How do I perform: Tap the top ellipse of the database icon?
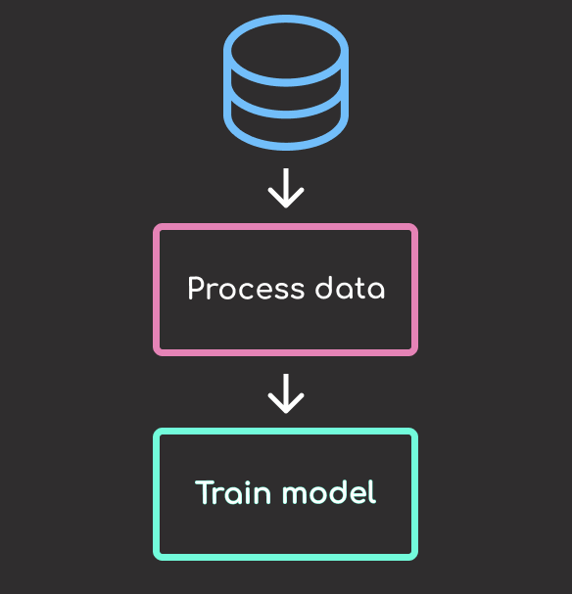(x=286, y=19)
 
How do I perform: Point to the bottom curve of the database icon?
(x=286, y=147)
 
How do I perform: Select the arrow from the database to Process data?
(x=286, y=188)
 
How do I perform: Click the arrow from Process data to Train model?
(x=286, y=393)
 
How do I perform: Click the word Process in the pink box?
(x=246, y=289)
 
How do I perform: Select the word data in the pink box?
(x=350, y=289)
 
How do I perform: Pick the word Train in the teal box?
(x=233, y=492)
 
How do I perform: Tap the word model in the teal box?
(x=329, y=492)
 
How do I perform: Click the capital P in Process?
(x=196, y=289)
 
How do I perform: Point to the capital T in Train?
(x=205, y=492)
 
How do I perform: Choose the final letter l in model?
(x=373, y=491)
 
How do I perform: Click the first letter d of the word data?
(x=325, y=289)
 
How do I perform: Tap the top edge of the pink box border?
(x=285, y=226)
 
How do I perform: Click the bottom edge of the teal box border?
(x=285, y=557)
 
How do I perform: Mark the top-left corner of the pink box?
(x=155, y=225)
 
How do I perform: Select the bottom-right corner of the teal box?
(x=416, y=559)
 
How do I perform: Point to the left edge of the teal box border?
(x=156, y=494)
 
